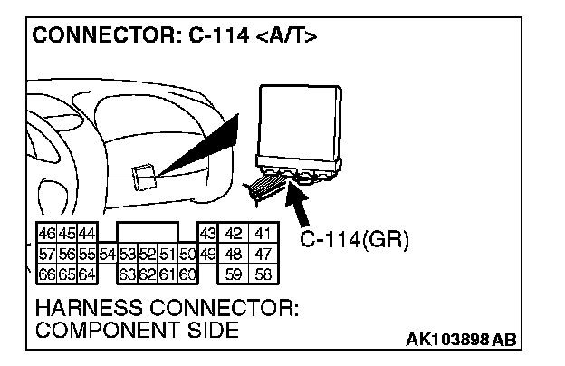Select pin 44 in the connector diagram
[87, 234]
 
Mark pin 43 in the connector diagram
[206, 234]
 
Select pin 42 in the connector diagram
[234, 234]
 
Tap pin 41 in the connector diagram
[263, 234]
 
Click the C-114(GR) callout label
[354, 241]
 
